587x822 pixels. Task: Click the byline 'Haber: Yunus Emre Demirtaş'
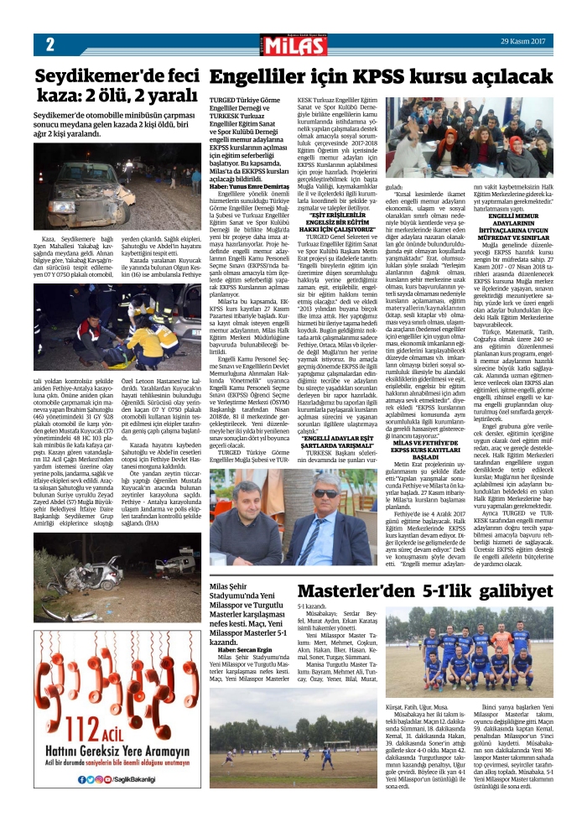[247, 185]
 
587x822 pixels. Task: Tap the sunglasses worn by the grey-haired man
[326, 494]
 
